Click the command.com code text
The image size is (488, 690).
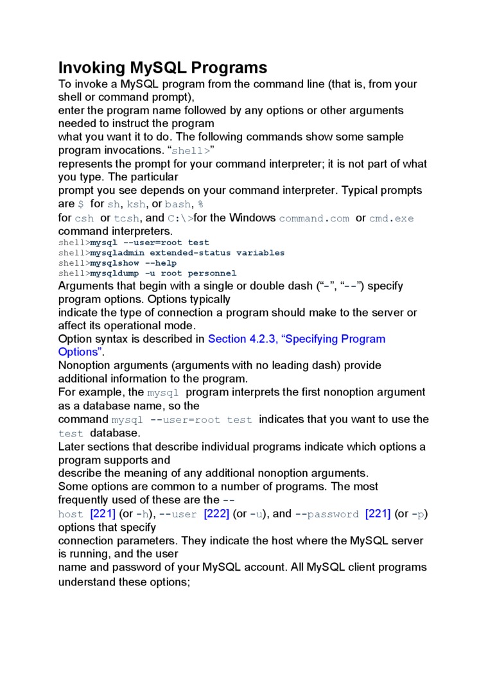[314, 218]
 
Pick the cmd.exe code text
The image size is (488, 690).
[392, 218]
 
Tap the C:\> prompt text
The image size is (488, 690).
[180, 218]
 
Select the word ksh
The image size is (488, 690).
[135, 205]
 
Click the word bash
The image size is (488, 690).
[178, 205]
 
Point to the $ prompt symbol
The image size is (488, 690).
[81, 205]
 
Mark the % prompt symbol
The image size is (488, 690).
[201, 205]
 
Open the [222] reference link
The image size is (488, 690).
[216, 514]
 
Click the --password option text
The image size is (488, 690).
[327, 514]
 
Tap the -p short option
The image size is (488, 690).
[419, 514]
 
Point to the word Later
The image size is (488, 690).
[71, 447]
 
